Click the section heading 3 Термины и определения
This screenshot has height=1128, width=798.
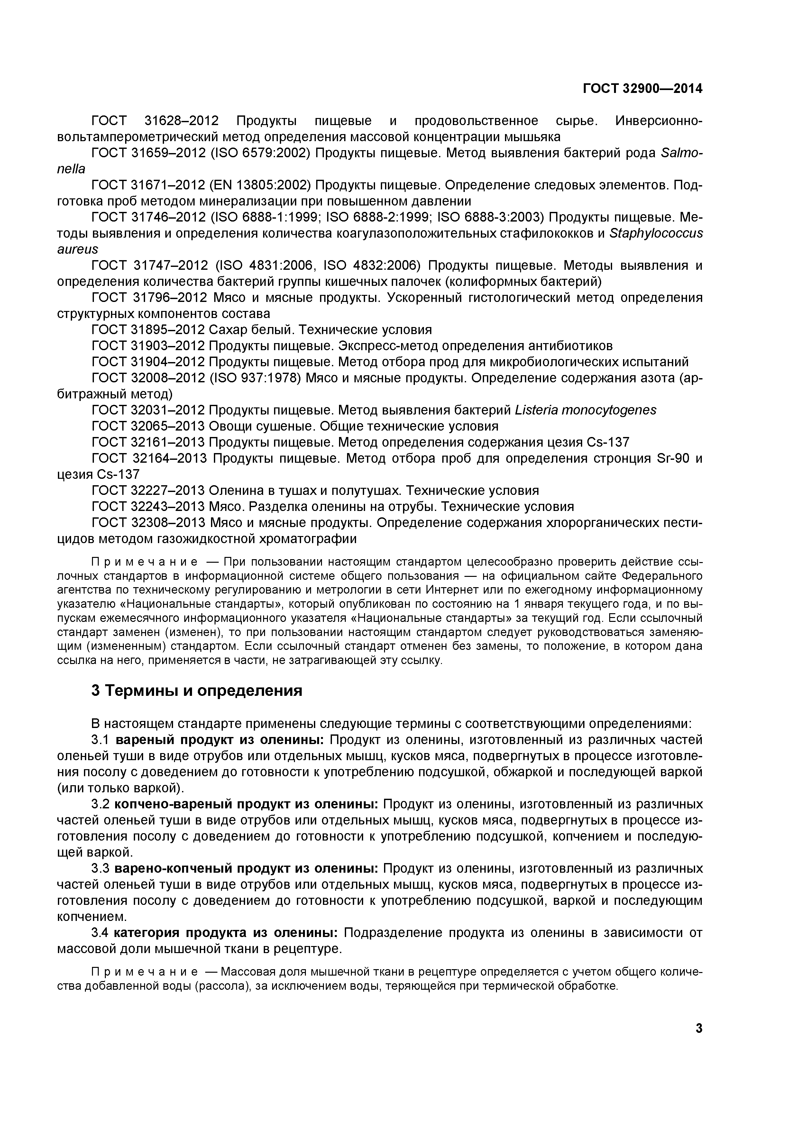coord(197,690)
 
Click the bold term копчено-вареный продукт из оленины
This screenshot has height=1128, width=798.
coord(246,804)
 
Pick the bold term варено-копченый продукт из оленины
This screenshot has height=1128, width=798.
coord(246,869)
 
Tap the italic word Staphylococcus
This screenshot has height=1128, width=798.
coord(656,233)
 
